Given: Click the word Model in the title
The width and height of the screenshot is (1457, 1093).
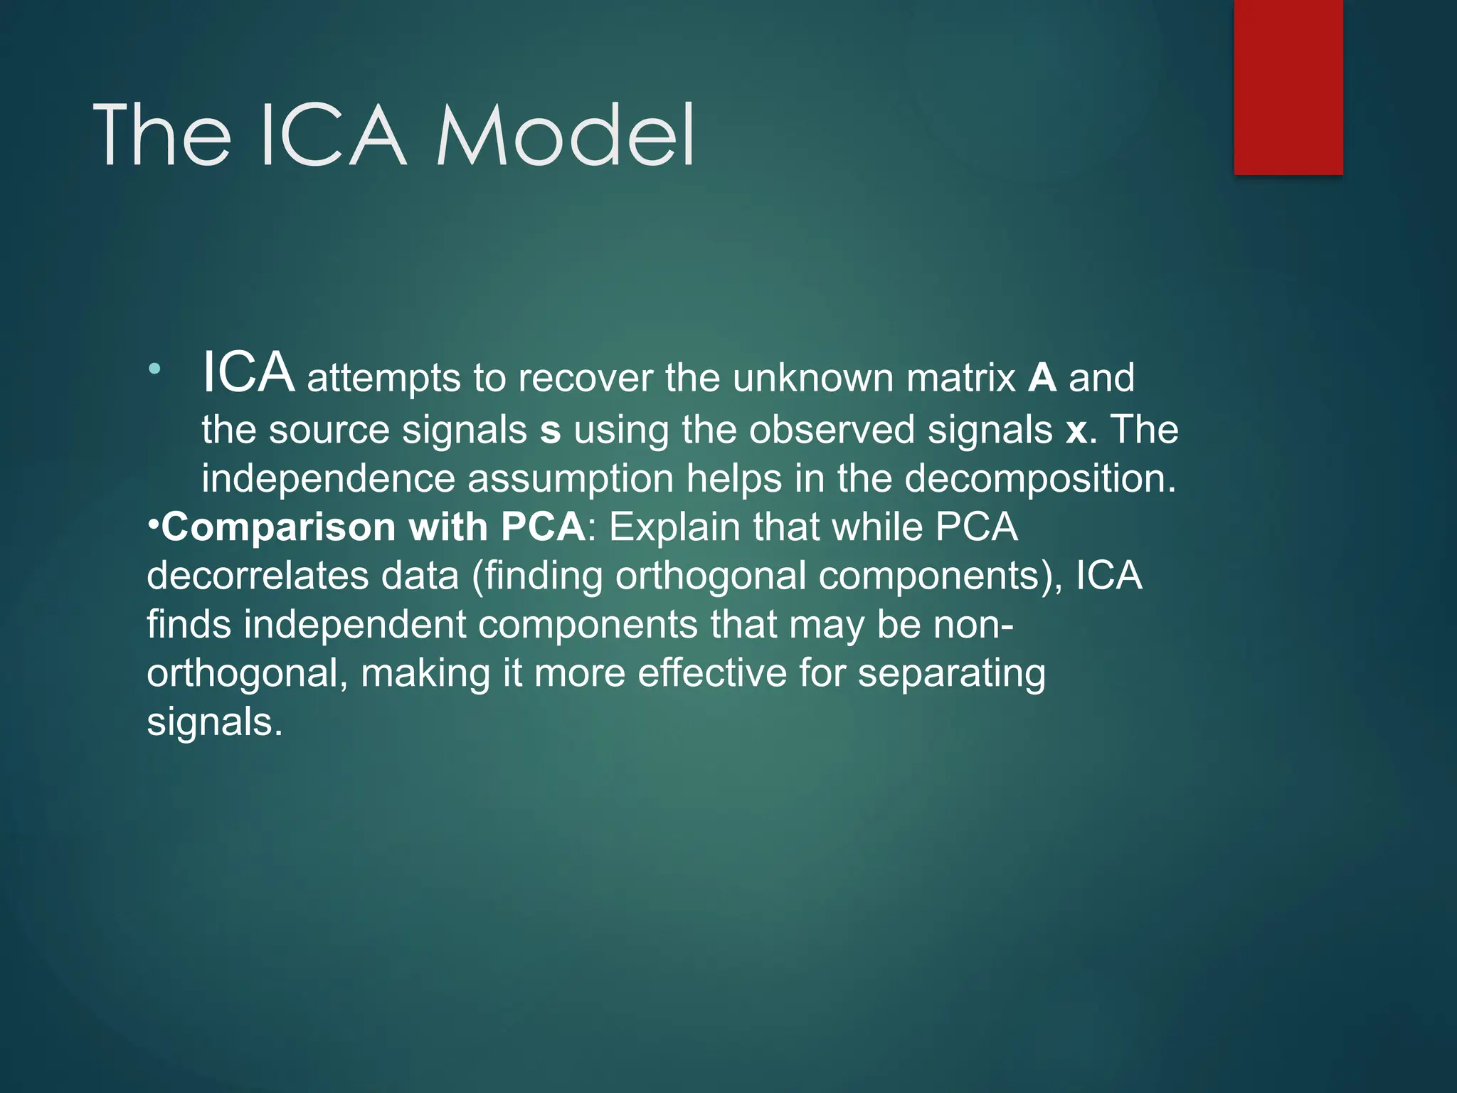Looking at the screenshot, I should tap(566, 135).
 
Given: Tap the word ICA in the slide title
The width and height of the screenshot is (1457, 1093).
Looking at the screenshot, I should tap(333, 135).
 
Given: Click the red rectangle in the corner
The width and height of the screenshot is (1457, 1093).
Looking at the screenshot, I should tap(1288, 87).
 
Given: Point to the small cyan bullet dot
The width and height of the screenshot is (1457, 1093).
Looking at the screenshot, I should tap(154, 369).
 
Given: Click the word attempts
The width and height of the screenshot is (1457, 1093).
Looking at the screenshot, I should tap(383, 378).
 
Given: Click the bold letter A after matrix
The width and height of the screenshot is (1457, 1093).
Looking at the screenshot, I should tap(1042, 378).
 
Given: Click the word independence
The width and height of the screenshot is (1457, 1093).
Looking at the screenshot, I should tap(328, 478).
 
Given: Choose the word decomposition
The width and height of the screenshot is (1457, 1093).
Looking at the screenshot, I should tap(1040, 478).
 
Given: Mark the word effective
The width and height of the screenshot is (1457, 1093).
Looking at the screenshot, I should tap(711, 673).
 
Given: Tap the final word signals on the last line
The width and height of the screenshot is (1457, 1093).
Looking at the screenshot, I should tap(214, 723).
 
